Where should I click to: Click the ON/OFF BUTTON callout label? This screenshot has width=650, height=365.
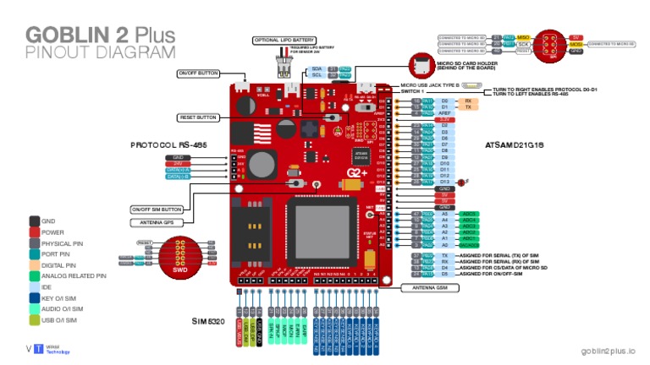click(x=197, y=74)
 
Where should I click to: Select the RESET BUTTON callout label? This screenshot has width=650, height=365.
click(x=196, y=117)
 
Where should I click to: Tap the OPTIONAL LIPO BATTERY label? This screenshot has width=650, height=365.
click(x=284, y=40)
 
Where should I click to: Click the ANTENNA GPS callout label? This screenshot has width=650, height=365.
click(x=151, y=223)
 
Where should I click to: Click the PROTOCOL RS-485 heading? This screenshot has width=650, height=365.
click(x=168, y=145)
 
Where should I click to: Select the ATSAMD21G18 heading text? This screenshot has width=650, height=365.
click(x=514, y=145)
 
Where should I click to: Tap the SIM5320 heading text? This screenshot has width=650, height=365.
click(x=207, y=321)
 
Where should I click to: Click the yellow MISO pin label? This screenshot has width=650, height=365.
click(x=524, y=38)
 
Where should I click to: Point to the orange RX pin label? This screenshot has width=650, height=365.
click(x=468, y=100)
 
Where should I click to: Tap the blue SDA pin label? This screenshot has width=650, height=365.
click(x=317, y=68)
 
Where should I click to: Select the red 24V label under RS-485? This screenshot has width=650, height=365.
click(x=179, y=163)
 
